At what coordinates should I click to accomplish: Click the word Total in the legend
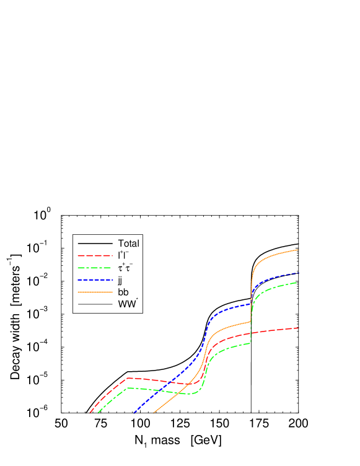[128, 244]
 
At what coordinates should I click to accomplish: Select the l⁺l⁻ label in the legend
[123, 255]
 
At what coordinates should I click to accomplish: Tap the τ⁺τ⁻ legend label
[125, 268]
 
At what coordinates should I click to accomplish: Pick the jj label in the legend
[120, 280]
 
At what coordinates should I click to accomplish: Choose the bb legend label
[123, 292]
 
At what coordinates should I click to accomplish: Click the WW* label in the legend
[128, 304]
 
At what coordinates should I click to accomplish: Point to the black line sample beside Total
[95, 244]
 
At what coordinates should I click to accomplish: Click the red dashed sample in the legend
[95, 255]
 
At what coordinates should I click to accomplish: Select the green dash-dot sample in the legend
[95, 268]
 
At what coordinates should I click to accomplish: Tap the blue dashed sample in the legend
[95, 280]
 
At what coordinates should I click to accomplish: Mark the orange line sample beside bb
[95, 292]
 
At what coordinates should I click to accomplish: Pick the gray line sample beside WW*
[95, 304]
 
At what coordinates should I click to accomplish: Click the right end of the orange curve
[299, 250]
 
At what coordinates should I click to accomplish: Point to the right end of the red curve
[299, 328]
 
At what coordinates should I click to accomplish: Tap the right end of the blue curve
[299, 273]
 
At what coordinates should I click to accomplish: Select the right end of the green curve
[299, 283]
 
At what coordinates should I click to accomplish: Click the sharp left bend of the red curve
[127, 377]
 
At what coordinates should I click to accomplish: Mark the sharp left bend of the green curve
[127, 388]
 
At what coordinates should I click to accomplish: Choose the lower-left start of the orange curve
[154, 412]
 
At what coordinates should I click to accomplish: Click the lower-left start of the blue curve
[134, 412]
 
